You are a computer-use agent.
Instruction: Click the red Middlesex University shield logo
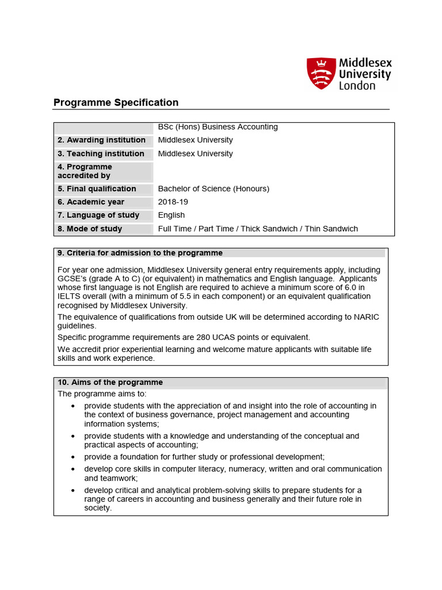coord(321,73)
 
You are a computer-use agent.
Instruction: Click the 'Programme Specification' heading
coord(116,103)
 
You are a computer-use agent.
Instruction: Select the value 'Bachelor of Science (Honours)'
coord(214,189)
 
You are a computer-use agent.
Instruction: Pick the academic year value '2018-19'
coord(173,202)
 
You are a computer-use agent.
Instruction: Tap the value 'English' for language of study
coord(172,215)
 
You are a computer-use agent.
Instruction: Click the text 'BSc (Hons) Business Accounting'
coord(218,127)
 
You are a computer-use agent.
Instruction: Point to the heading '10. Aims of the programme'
coord(110,383)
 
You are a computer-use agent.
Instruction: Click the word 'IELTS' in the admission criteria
coord(69,297)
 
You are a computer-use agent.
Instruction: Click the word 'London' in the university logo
coord(357,86)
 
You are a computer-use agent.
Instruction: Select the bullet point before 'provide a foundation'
coord(73,457)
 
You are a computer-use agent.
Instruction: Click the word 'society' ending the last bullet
coord(97,508)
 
